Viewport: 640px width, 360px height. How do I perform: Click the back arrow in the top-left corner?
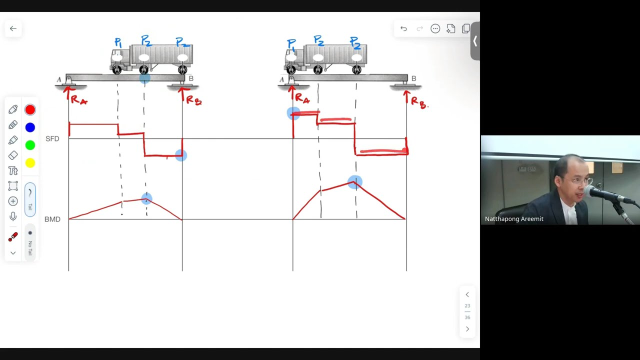point(13,28)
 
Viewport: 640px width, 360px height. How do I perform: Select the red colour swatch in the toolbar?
point(30,110)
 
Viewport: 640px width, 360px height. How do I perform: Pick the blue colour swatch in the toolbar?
point(30,127)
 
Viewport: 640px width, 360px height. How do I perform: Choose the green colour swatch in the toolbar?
point(30,145)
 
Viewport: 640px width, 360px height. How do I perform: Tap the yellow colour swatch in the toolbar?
point(30,162)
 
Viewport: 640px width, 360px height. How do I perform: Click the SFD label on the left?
point(52,138)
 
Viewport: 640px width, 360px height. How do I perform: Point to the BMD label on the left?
point(52,219)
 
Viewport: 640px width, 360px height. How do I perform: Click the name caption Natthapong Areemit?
point(514,219)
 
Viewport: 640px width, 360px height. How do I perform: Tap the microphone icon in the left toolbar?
point(13,216)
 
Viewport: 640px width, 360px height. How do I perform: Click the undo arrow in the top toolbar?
point(403,28)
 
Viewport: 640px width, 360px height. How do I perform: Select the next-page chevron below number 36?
point(467,329)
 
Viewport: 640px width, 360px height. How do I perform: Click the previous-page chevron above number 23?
point(467,294)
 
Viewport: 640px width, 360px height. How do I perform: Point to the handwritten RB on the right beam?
point(418,102)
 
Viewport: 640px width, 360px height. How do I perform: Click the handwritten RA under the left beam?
point(79,100)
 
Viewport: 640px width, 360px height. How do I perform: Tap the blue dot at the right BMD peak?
point(355,181)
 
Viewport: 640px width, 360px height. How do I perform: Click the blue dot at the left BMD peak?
point(146,199)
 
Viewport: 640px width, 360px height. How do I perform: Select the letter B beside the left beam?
point(191,78)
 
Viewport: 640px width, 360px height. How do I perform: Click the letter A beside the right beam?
point(282,79)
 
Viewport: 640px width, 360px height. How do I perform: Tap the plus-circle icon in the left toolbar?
point(13,201)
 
